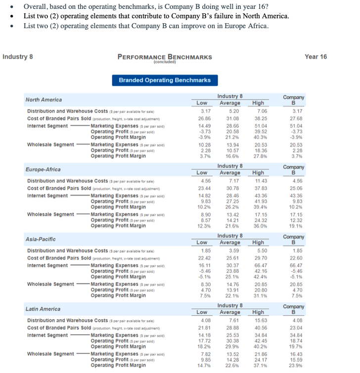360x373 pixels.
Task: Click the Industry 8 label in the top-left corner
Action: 18,56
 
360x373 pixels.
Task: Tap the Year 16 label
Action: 315,56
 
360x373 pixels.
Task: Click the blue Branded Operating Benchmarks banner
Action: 165,80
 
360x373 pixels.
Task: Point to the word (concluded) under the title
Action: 165,62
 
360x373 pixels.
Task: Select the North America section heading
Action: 44,100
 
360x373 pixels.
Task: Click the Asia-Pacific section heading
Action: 41,239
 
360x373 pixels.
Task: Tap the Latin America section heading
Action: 44,309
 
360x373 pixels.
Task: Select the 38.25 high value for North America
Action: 259,119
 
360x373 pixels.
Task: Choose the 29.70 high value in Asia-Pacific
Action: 259,258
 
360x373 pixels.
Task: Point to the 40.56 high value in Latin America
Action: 259,328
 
